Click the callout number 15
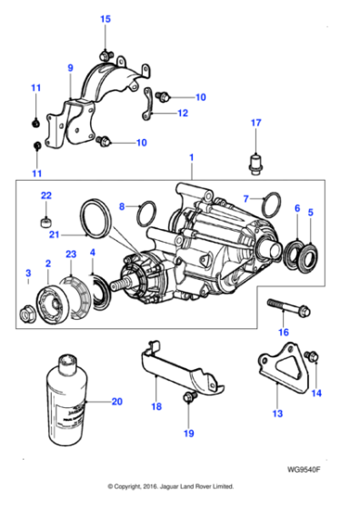pyautogui.click(x=105, y=19)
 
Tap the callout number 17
pyautogui.click(x=255, y=123)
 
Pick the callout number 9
pyautogui.click(x=69, y=67)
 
